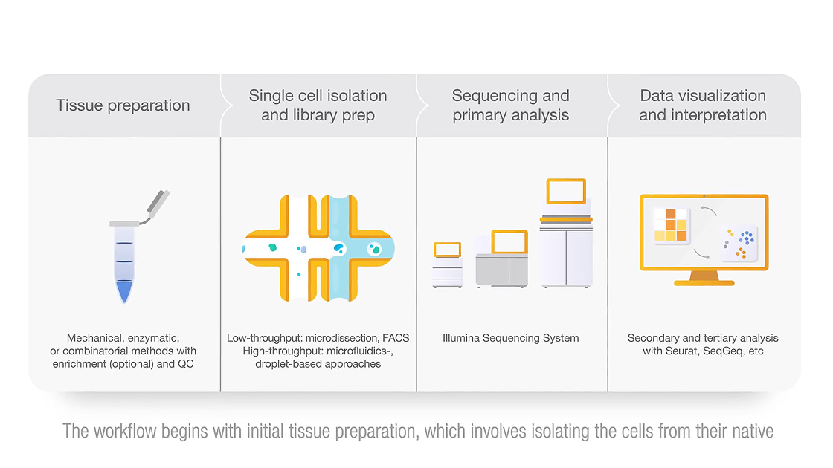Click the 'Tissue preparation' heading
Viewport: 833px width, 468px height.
point(123,105)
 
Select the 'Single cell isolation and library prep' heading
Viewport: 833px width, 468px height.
point(318,105)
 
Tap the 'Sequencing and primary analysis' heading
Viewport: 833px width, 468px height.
point(510,105)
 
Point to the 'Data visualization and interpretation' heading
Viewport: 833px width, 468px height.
point(703,105)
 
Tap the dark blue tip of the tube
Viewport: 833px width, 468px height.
point(123,291)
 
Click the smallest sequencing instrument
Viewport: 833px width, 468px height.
point(447,264)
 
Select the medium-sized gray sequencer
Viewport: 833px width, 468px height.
point(502,259)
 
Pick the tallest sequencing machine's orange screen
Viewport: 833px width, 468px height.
point(566,191)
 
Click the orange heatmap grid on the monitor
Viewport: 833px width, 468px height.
point(671,224)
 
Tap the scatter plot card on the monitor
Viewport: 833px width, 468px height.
point(739,244)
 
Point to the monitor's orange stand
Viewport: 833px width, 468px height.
point(704,278)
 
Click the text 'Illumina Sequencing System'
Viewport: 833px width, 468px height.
point(510,338)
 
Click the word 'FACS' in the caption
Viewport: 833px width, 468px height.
point(396,338)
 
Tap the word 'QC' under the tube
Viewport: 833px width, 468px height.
point(186,364)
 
